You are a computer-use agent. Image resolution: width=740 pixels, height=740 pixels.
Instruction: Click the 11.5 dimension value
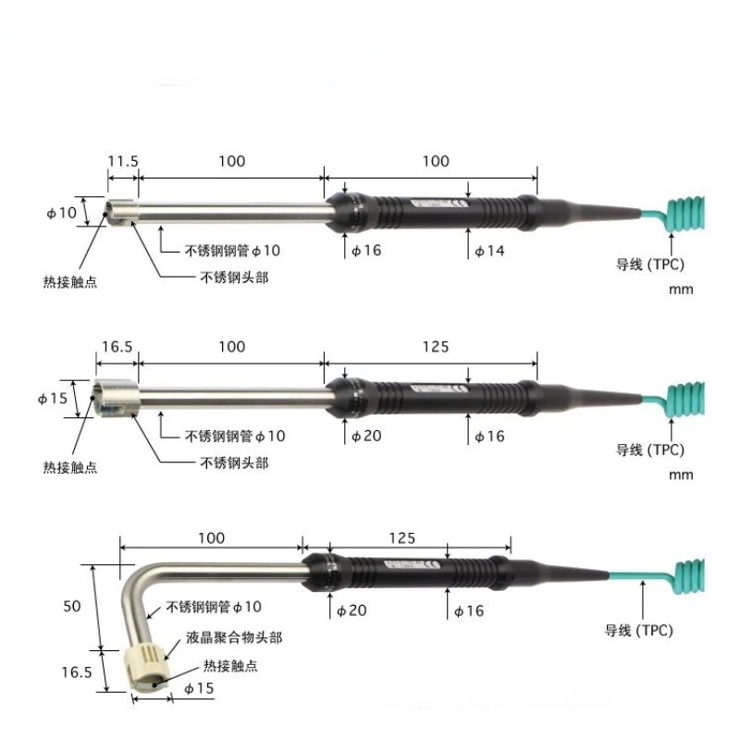point(122,161)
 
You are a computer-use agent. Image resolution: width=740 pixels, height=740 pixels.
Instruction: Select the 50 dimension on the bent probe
point(73,607)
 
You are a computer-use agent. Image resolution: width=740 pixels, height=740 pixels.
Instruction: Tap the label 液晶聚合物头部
point(235,637)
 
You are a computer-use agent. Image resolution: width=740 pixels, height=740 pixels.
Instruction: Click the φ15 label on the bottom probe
point(199,689)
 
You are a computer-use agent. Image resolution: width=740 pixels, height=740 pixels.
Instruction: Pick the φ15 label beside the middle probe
point(55,400)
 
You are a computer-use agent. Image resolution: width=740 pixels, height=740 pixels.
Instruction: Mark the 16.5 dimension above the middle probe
point(117,347)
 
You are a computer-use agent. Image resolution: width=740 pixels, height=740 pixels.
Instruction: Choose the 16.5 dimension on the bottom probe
point(77,673)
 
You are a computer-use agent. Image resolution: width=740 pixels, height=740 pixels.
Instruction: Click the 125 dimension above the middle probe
point(435,347)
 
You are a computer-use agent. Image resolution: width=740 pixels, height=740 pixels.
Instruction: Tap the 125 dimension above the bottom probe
point(401,537)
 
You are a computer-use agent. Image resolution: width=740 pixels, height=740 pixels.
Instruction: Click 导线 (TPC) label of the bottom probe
point(639,631)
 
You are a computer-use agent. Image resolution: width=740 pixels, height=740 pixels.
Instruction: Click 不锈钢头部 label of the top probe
point(234,277)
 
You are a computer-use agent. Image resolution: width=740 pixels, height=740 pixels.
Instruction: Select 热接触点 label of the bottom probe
point(230,665)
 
